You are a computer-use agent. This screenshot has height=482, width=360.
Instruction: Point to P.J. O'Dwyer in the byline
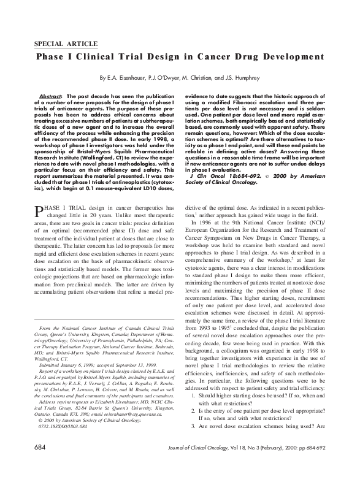click(x=174, y=78)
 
